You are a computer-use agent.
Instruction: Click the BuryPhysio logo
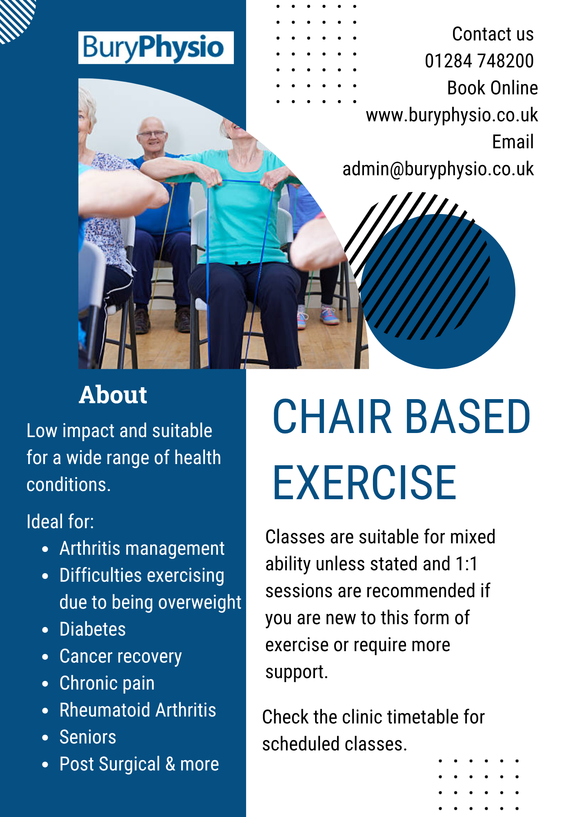(x=156, y=48)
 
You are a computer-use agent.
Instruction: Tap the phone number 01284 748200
(x=479, y=61)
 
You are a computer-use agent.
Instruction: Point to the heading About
(x=113, y=395)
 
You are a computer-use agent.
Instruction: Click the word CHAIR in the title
(x=332, y=417)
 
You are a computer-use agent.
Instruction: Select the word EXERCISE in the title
(x=364, y=482)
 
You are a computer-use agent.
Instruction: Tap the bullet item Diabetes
(x=93, y=629)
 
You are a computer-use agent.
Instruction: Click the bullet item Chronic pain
(x=107, y=683)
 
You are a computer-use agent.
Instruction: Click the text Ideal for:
(x=60, y=522)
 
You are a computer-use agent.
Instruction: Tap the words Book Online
(x=493, y=88)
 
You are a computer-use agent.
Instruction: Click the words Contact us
(x=493, y=34)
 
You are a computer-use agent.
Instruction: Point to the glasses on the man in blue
(x=152, y=134)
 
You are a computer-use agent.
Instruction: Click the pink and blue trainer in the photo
(x=329, y=315)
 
